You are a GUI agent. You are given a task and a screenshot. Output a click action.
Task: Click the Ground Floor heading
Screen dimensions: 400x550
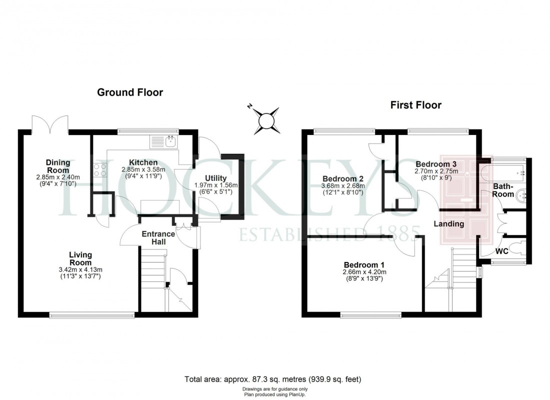coord(129,92)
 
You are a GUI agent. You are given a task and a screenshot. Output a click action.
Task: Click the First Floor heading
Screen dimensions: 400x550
coord(415,105)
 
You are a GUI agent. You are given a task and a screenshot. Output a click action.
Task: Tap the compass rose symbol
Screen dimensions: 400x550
coord(265,120)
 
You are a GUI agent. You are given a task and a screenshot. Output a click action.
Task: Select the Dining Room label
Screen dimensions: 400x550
coord(58,166)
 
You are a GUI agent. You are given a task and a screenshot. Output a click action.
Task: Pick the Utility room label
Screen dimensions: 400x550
coord(216,178)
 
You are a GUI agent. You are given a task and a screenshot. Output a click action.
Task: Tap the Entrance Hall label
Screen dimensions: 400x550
coord(158,238)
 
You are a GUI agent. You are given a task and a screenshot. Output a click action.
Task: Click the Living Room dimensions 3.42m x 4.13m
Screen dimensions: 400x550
coord(80,270)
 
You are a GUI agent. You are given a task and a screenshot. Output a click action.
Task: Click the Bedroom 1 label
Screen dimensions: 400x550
coord(364,264)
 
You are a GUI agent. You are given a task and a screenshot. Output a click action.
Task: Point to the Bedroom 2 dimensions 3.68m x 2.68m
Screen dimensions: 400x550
coord(343,186)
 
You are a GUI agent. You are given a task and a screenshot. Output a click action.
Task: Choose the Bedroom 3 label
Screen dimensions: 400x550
coord(436,164)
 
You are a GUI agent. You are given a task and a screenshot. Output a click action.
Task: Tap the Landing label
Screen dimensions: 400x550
coord(448,223)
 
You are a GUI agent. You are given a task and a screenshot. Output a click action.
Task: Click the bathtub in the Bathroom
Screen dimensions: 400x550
coord(502,172)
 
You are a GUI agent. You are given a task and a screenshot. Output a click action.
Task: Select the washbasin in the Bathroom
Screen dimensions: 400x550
coord(521,195)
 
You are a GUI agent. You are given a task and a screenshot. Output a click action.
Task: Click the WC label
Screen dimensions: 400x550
coord(502,251)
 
